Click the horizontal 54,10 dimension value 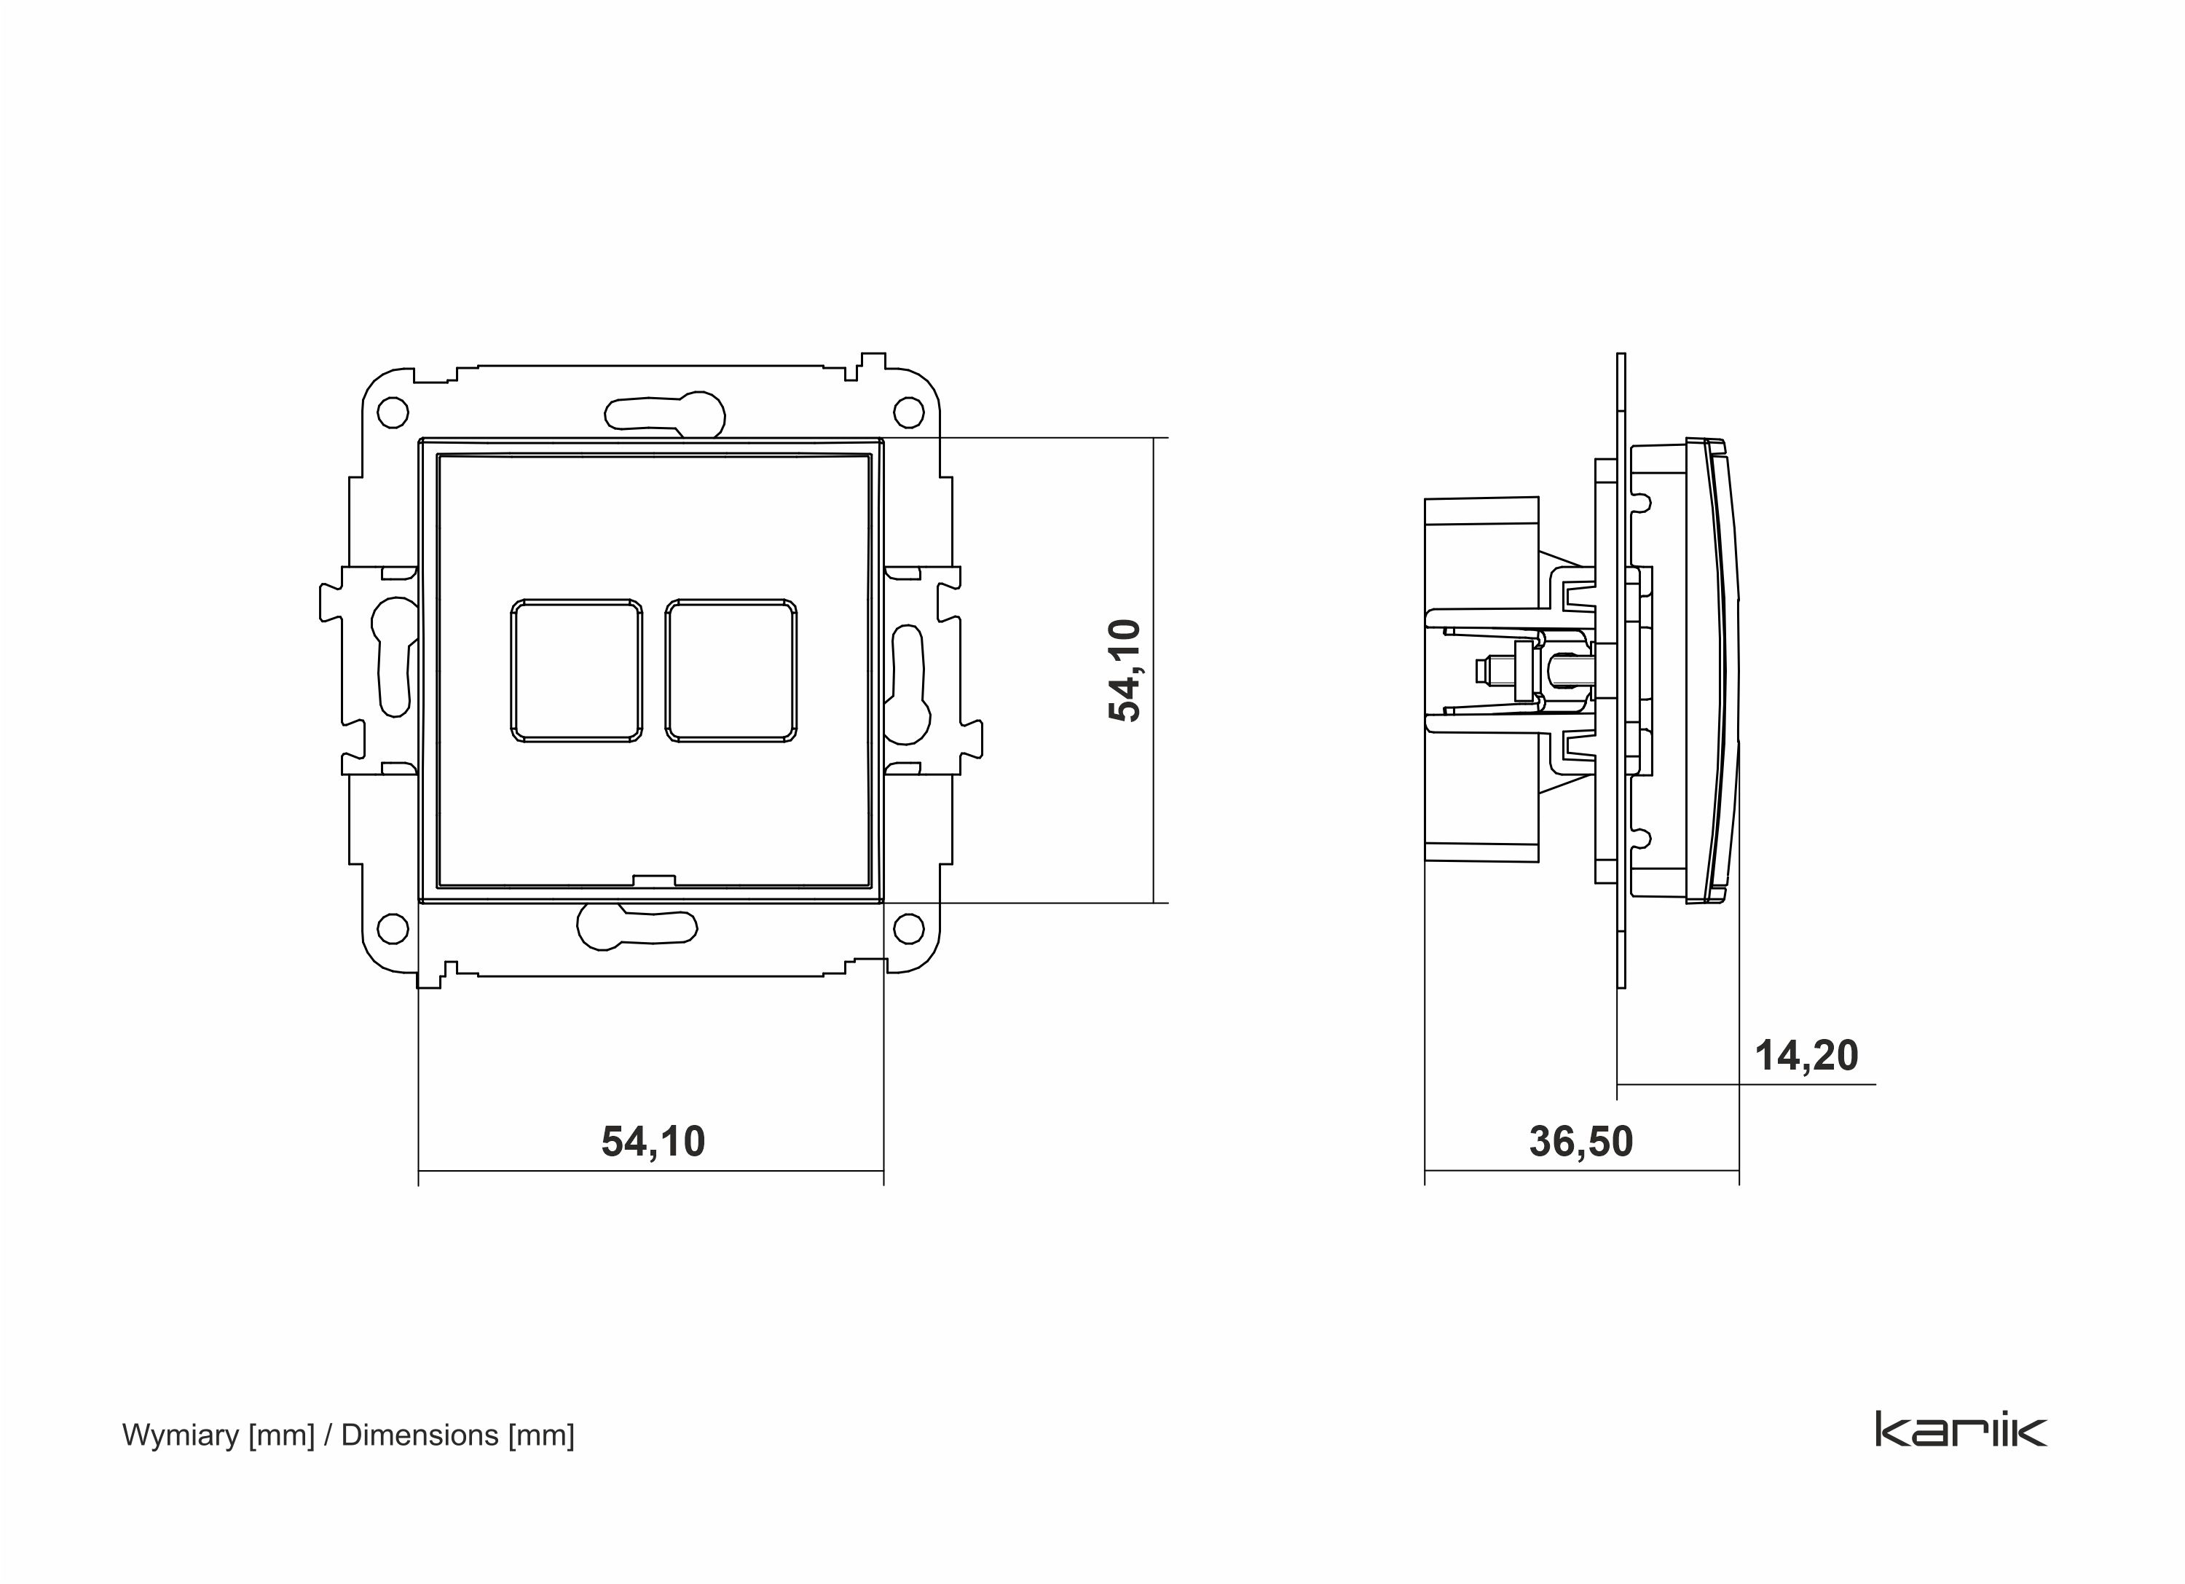click(x=653, y=1142)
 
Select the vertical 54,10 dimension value click(x=1125, y=670)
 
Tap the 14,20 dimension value click(x=1806, y=1056)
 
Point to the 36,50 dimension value click(x=1581, y=1142)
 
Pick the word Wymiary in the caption click(x=180, y=1435)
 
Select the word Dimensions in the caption click(x=419, y=1435)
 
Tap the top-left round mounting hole click(x=392, y=412)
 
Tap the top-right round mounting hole click(x=908, y=412)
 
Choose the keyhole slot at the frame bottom click(x=636, y=928)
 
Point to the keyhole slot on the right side click(x=908, y=684)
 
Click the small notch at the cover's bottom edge click(x=653, y=879)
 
